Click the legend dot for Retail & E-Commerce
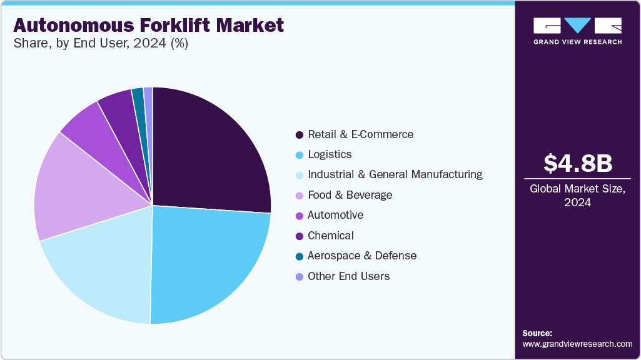click(x=300, y=135)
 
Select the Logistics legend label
click(x=330, y=154)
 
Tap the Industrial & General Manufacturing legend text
click(x=395, y=174)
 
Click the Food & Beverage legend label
click(x=350, y=195)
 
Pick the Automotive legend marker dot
click(x=300, y=216)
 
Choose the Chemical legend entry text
click(x=330, y=236)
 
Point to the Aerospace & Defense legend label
click(x=361, y=256)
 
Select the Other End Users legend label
click(x=348, y=276)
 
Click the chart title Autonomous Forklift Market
click(x=148, y=25)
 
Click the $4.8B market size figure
click(x=577, y=163)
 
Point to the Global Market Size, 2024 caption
click(x=577, y=195)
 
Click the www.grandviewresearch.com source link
click(x=577, y=344)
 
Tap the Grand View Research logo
click(x=577, y=30)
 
